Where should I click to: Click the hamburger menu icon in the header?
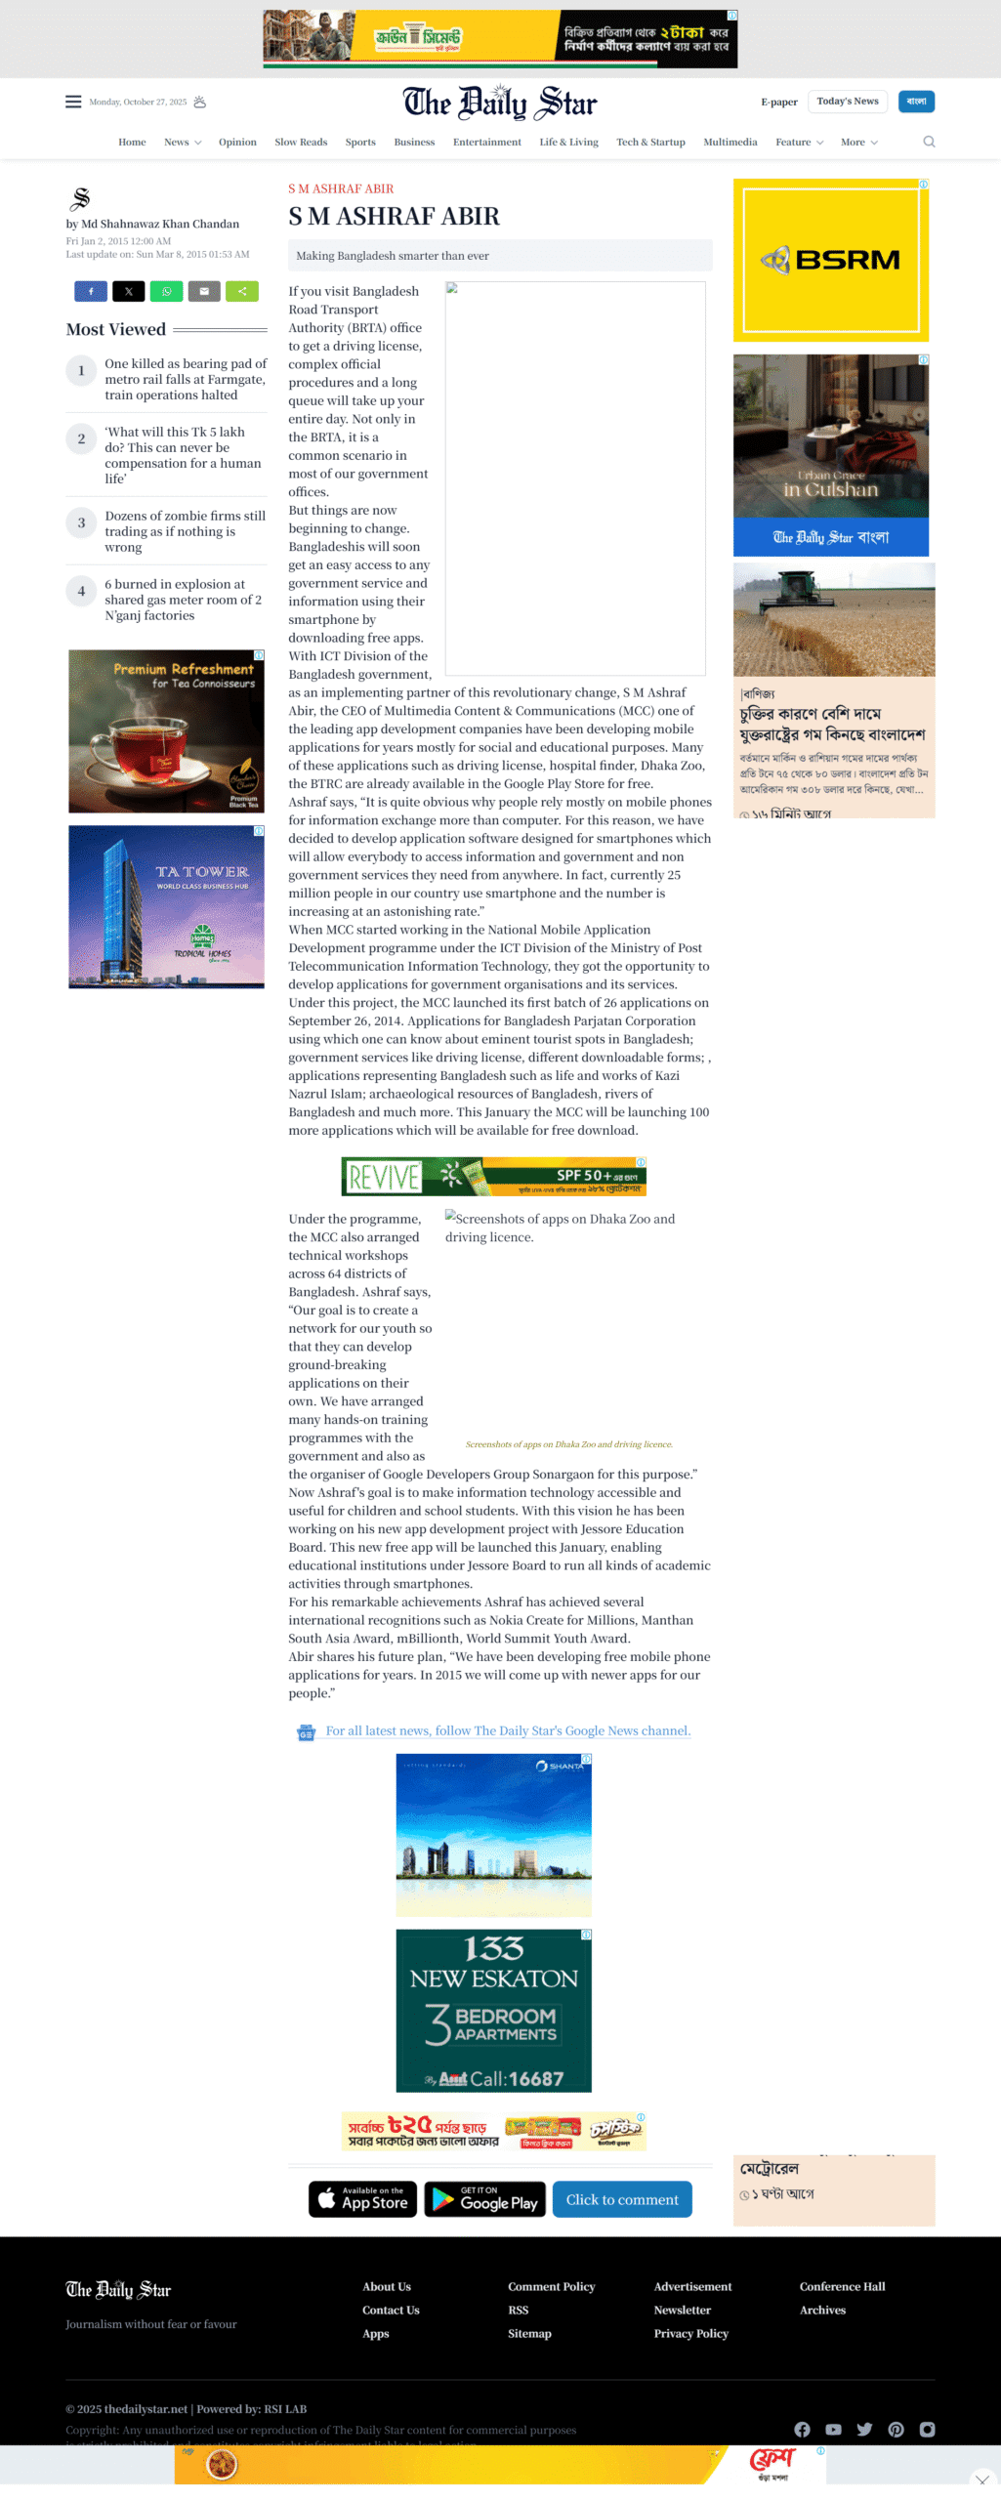tap(73, 102)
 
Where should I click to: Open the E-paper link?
tap(778, 102)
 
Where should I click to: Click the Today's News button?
tap(847, 102)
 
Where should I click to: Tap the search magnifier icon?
tap(928, 142)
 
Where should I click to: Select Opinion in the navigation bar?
tap(237, 143)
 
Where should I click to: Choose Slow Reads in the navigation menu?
tap(301, 143)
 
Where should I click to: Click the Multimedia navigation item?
tap(730, 143)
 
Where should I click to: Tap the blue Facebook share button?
tap(91, 291)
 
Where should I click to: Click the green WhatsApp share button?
tap(166, 291)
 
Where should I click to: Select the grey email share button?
tap(204, 291)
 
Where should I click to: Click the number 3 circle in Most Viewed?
tap(81, 523)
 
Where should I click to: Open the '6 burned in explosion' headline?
tap(183, 600)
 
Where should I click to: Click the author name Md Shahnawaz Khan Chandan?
tap(160, 224)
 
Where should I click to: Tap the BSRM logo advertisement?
tap(830, 260)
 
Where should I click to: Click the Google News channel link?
tap(507, 1730)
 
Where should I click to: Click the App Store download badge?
tap(363, 2198)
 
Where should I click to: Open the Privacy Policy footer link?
tap(690, 2333)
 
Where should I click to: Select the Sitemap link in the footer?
tap(529, 2333)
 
